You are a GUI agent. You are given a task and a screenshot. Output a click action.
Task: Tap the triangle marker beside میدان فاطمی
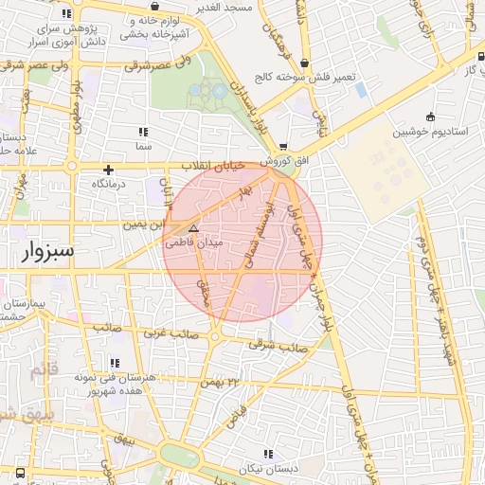pos(193,229)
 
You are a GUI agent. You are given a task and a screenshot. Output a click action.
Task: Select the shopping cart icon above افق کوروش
pos(283,147)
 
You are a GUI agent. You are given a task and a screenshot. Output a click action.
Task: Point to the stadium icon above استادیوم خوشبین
pos(431,117)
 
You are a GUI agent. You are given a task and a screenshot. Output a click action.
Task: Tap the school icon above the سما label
pos(143,132)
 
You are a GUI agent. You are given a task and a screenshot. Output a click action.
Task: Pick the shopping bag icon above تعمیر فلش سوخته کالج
pos(304,63)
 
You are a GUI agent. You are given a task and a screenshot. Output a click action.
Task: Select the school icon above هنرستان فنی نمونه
pos(115,363)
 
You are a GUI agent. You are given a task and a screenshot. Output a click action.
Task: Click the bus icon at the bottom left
pos(19,472)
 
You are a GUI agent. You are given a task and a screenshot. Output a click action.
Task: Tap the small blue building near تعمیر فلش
pos(360,90)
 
